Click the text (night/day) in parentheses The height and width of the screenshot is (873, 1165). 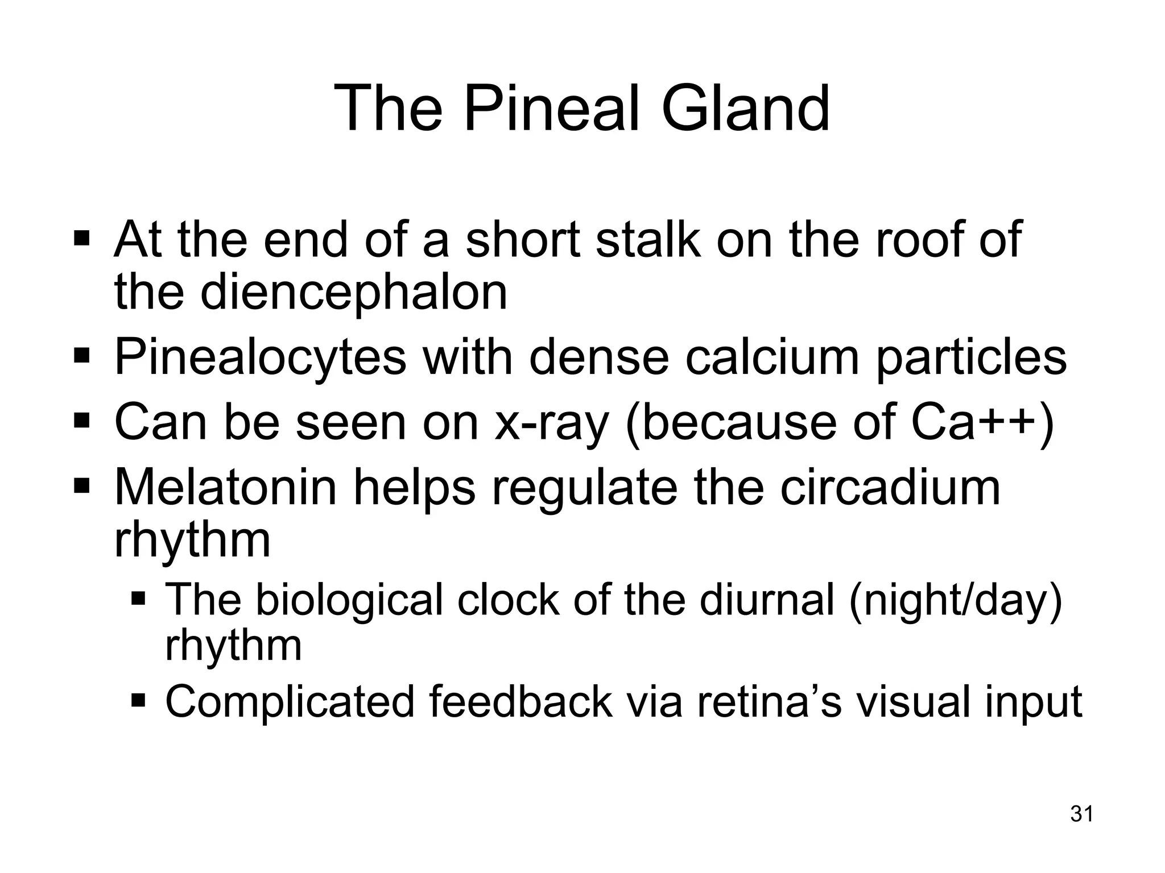tap(955, 601)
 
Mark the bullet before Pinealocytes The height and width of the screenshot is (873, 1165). tap(82, 357)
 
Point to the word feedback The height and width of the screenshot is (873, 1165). tap(520, 702)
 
